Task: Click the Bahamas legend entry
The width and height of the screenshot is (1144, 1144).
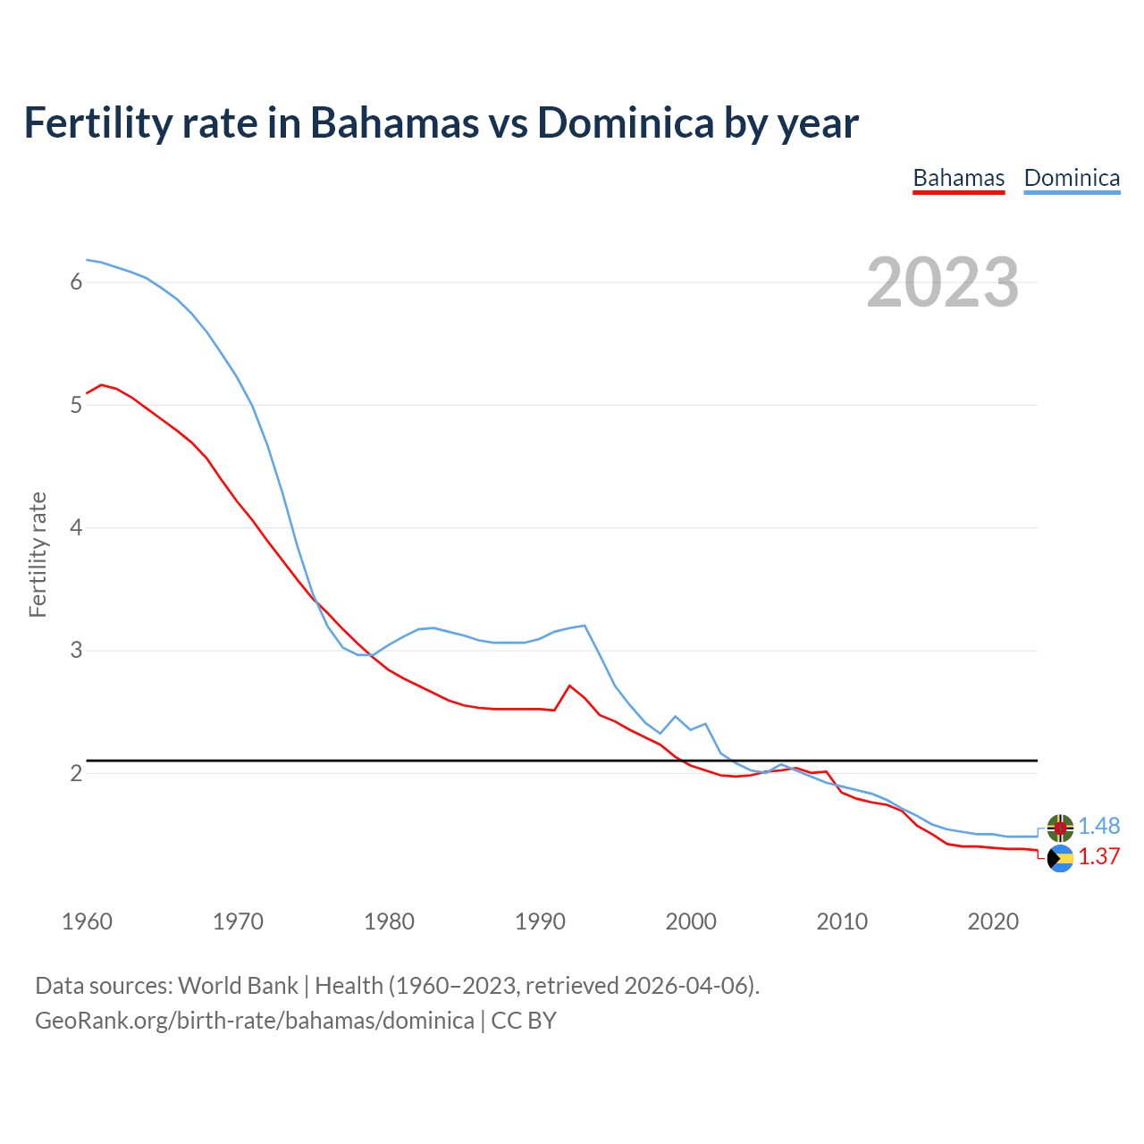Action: click(958, 178)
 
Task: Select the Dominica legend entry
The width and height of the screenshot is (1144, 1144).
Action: click(1072, 178)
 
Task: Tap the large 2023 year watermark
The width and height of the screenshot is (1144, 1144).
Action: click(942, 282)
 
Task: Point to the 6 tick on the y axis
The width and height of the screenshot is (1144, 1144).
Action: click(76, 282)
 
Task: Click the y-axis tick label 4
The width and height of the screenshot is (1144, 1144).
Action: click(76, 527)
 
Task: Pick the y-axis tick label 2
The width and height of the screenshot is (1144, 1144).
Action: click(76, 773)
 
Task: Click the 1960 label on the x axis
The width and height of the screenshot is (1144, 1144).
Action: click(87, 921)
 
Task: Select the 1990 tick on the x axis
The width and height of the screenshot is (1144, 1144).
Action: click(540, 921)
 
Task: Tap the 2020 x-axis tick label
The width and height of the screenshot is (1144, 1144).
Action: click(993, 921)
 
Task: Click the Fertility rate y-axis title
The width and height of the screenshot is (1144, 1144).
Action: click(38, 554)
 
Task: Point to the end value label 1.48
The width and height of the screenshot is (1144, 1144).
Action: click(1098, 827)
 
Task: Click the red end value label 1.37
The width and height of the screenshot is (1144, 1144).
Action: click(1098, 856)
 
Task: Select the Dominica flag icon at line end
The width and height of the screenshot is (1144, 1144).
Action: click(1060, 828)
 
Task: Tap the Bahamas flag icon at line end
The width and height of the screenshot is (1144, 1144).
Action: click(1060, 859)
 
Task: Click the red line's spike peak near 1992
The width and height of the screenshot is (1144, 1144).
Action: click(569, 686)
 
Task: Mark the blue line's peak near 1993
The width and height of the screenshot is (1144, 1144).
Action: click(585, 626)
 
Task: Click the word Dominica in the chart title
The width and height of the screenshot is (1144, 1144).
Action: click(625, 123)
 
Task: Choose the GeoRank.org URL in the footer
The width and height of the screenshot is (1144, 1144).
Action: click(255, 1021)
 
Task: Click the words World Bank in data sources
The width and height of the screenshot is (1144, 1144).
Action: click(238, 986)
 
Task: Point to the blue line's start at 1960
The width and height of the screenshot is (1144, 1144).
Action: click(87, 260)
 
